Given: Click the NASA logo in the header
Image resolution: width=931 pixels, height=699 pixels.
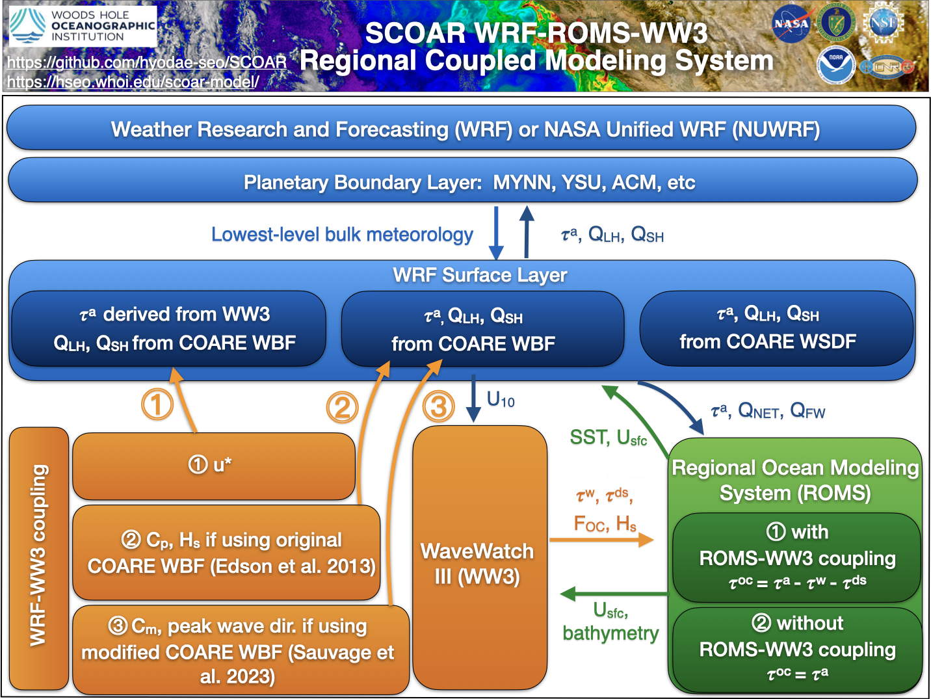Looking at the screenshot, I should pyautogui.click(x=791, y=24).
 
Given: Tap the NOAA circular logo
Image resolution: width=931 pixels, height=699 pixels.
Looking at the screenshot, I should pyautogui.click(x=836, y=65).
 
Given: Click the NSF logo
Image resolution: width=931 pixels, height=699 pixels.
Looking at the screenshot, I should pyautogui.click(x=883, y=23).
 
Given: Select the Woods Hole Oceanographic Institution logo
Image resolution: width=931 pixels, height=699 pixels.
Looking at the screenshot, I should pyautogui.click(x=83, y=26).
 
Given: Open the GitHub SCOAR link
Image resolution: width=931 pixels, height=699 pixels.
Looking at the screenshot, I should pyautogui.click(x=147, y=62).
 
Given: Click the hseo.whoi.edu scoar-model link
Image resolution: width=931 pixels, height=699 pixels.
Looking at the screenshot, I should pyautogui.click(x=133, y=82).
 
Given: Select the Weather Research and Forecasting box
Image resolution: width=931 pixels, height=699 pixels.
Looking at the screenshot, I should pyautogui.click(x=461, y=128).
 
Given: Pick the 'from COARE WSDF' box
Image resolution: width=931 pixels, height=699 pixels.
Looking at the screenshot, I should pyautogui.click(x=776, y=328).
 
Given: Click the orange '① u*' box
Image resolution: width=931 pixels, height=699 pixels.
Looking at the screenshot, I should pyautogui.click(x=214, y=466).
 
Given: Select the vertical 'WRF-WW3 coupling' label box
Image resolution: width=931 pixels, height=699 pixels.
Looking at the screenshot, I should pyautogui.click(x=39, y=558).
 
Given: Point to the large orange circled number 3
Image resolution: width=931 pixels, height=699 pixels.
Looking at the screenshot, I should pyautogui.click(x=439, y=406).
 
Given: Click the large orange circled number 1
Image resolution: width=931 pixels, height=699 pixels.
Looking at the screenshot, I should pyautogui.click(x=157, y=404).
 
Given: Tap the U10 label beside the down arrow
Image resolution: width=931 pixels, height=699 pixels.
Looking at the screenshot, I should pyautogui.click(x=501, y=399).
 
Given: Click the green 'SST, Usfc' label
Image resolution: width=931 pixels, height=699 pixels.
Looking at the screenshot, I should pyautogui.click(x=608, y=438).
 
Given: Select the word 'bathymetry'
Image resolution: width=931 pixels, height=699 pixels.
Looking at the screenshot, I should pyautogui.click(x=610, y=633).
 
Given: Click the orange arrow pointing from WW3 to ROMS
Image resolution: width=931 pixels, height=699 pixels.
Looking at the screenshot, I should pyautogui.click(x=601, y=540).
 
